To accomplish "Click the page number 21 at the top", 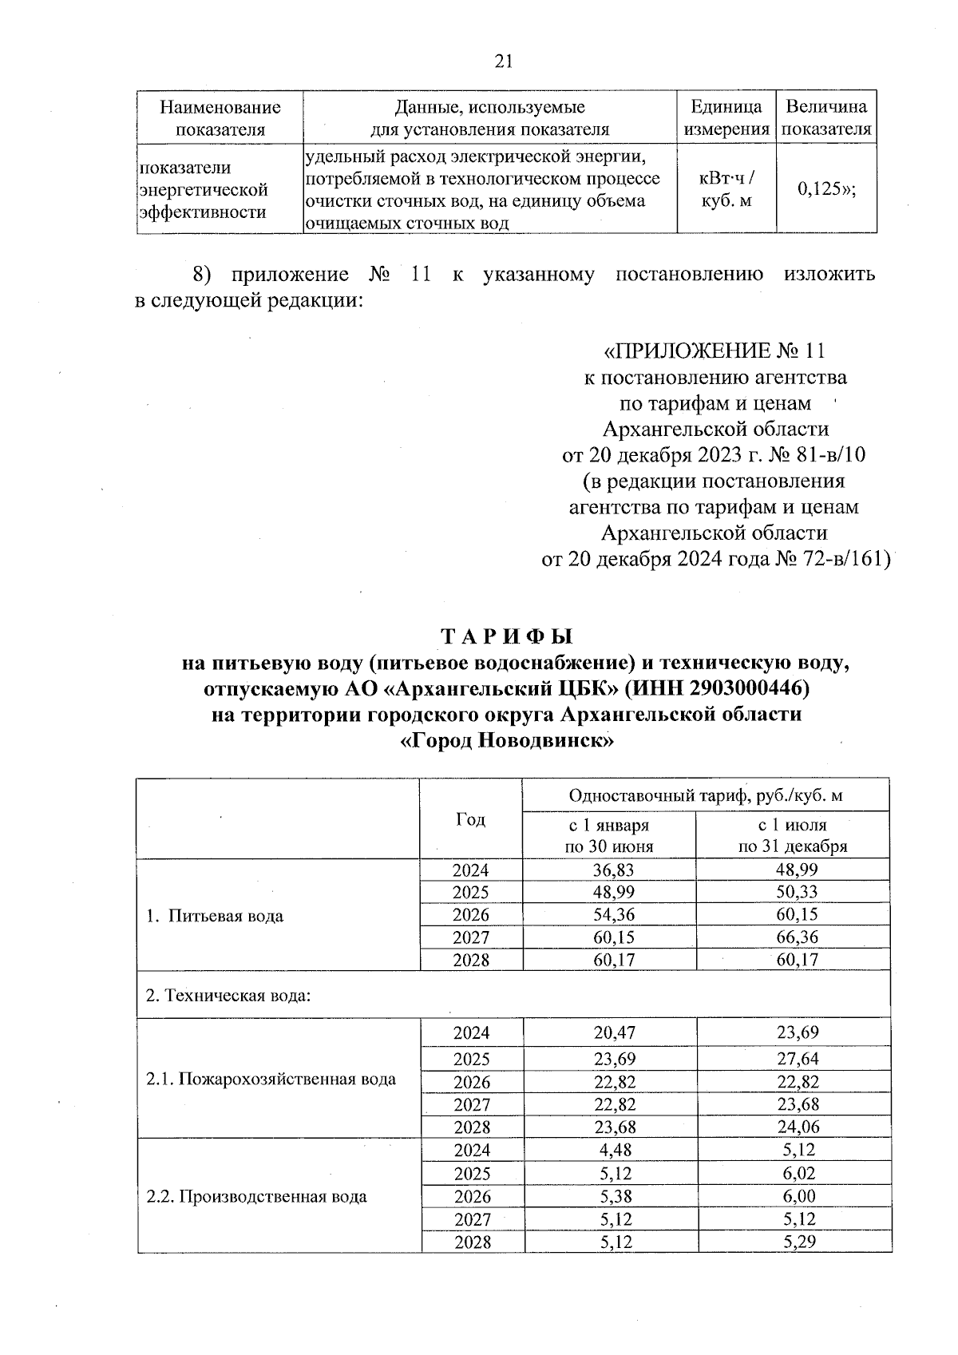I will pos(504,61).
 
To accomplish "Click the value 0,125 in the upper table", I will pos(826,189).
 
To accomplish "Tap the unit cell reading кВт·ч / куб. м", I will pos(726,190).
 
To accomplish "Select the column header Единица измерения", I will pos(726,117).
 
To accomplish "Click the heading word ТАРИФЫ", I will pos(507,636).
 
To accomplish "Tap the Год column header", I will pos(470,820).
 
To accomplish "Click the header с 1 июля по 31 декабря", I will pos(792,835).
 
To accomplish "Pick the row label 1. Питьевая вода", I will pos(215,916).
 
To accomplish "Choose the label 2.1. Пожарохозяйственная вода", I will pos(271,1080).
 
